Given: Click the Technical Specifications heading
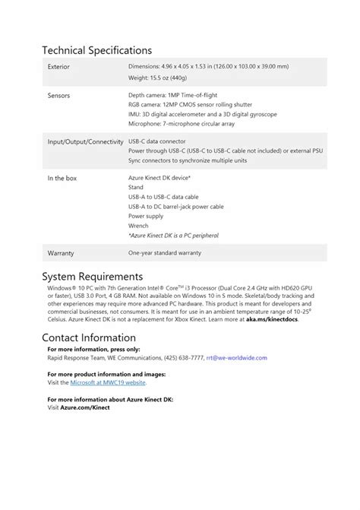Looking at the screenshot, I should [x=96, y=50].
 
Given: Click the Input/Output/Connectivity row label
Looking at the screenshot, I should [x=85, y=141].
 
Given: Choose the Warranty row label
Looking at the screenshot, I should [x=61, y=252].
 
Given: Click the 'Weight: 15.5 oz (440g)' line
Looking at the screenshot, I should [x=159, y=78].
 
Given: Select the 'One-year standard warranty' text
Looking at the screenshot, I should [x=164, y=252].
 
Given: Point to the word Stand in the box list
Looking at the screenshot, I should [x=136, y=187].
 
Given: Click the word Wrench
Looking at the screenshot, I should [x=138, y=226].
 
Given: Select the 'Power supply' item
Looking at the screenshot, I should [x=145, y=216].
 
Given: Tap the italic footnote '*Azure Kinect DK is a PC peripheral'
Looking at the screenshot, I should [x=175, y=236].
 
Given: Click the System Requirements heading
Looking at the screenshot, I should [x=92, y=276].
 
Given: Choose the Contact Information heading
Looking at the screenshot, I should [x=89, y=337].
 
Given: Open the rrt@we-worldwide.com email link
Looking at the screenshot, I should [x=240, y=358].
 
